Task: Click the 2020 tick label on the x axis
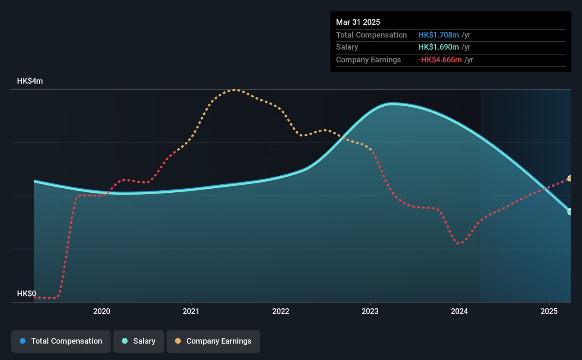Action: (101, 311)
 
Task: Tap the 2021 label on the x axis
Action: (191, 311)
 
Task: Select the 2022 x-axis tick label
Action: (280, 311)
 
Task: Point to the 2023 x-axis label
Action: (370, 311)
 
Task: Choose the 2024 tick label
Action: (459, 311)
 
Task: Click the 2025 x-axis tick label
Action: (549, 311)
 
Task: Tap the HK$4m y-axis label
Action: (30, 81)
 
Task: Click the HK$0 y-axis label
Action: (27, 293)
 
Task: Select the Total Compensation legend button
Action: (61, 341)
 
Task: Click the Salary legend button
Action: (139, 341)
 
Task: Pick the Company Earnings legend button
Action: (213, 341)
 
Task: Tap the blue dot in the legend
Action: (23, 341)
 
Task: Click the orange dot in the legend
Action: (178, 341)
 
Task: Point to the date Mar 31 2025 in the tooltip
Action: (358, 22)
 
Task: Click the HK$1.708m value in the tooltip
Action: (439, 35)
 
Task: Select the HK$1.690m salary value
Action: (439, 47)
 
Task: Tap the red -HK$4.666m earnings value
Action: (440, 60)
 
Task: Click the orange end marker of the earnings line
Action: (570, 179)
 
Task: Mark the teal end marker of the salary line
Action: (570, 212)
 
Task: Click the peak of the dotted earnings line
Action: (234, 90)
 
